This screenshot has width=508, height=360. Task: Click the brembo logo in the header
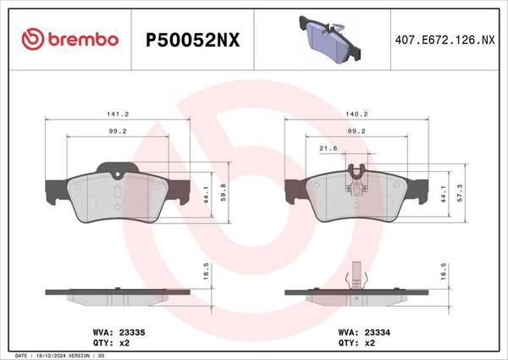pyautogui.click(x=70, y=40)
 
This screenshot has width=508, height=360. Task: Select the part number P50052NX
pyautogui.click(x=192, y=40)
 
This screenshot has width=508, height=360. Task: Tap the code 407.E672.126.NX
pyautogui.click(x=444, y=40)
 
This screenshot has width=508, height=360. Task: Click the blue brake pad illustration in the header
pyautogui.click(x=329, y=39)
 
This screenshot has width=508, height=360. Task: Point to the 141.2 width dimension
pyautogui.click(x=118, y=114)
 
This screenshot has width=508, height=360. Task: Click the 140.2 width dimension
pyautogui.click(x=356, y=114)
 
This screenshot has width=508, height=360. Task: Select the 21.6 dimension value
pyautogui.click(x=329, y=148)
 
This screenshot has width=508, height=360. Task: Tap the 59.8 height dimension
pyautogui.click(x=224, y=192)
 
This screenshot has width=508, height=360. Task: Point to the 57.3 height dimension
pyautogui.click(x=460, y=193)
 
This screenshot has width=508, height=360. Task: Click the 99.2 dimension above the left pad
pyautogui.click(x=118, y=131)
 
